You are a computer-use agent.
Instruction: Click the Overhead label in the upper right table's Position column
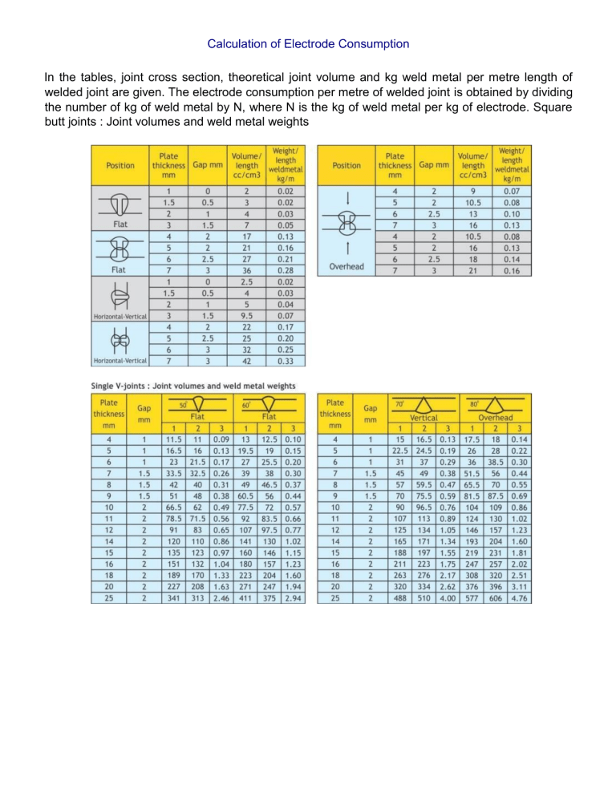[346, 265]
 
